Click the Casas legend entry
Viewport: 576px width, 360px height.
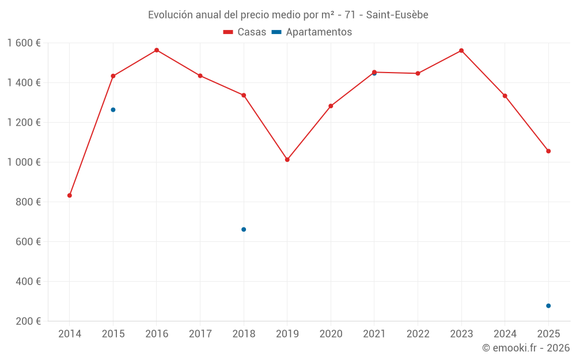[x=245, y=32]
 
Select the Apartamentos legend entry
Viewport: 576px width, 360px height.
[x=312, y=32]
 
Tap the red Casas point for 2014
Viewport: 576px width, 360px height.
[x=70, y=195]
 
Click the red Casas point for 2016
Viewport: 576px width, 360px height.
[x=157, y=50]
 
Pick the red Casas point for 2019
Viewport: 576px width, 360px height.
[x=287, y=160]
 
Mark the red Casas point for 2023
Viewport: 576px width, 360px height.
[x=461, y=51]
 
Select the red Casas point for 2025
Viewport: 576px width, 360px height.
[x=548, y=151]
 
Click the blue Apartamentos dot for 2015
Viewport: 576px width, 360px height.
[x=113, y=109]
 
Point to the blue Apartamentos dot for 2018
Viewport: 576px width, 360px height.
[x=244, y=229]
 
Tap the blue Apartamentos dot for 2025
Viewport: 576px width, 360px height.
[x=548, y=306]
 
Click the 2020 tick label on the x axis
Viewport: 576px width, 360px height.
[x=331, y=334]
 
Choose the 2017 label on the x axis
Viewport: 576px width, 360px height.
[x=200, y=334]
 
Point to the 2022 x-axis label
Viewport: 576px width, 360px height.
[x=418, y=334]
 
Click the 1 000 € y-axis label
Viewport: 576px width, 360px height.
[x=24, y=162]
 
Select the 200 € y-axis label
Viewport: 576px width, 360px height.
[x=28, y=321]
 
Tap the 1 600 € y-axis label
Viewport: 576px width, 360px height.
[x=24, y=43]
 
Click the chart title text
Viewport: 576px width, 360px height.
[x=288, y=15]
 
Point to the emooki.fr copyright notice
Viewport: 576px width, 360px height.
[x=526, y=348]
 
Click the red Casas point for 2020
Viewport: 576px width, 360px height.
[x=331, y=106]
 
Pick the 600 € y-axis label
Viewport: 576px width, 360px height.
[x=28, y=242]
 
